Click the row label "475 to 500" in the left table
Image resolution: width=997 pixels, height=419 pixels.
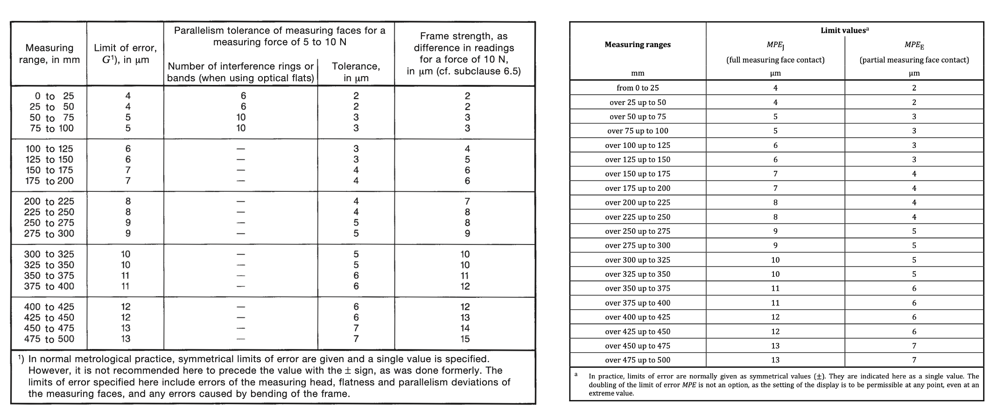pyautogui.click(x=49, y=339)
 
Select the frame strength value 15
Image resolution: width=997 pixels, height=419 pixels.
pyautogui.click(x=465, y=339)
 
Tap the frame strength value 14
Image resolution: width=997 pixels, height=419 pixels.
pyautogui.click(x=465, y=328)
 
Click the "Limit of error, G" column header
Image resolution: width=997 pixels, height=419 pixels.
pyautogui.click(x=125, y=54)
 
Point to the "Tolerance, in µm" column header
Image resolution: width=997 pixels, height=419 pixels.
pyautogui.click(x=356, y=72)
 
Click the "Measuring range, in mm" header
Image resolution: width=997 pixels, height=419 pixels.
pyautogui.click(x=49, y=54)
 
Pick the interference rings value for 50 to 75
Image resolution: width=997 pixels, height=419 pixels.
pyautogui.click(x=241, y=118)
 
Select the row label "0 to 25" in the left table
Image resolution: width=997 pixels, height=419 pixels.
pyautogui.click(x=51, y=96)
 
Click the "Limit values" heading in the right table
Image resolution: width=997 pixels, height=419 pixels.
pyautogui.click(x=843, y=31)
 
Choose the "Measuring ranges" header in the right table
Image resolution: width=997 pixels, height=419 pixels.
pyautogui.click(x=638, y=45)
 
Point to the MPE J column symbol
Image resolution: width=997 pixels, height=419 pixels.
pyautogui.click(x=775, y=45)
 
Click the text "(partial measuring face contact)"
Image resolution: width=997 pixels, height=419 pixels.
pyautogui.click(x=914, y=60)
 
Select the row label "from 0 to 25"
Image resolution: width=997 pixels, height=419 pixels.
pyautogui.click(x=638, y=88)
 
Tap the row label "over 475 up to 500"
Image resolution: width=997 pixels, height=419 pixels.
pyautogui.click(x=638, y=360)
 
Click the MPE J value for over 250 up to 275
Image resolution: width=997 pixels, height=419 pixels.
pyautogui.click(x=775, y=231)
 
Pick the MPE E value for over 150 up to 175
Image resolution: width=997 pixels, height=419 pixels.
pyautogui.click(x=914, y=174)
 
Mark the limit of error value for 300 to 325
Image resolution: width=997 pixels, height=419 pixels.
pyautogui.click(x=126, y=254)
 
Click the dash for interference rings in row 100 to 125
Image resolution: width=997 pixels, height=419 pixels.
pyautogui.click(x=241, y=149)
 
